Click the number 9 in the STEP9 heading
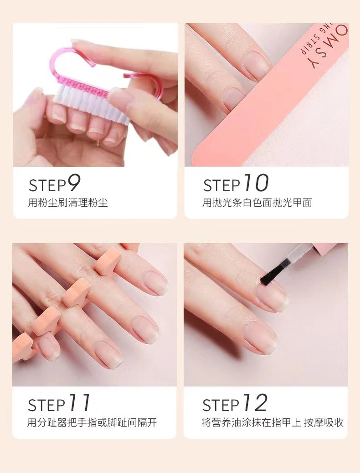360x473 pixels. (73, 183)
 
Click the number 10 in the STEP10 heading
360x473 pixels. (256, 183)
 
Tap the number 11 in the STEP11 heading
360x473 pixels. (79, 402)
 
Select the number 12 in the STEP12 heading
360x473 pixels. (255, 402)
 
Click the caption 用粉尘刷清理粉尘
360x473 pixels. (68, 203)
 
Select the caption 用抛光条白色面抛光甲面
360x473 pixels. (257, 203)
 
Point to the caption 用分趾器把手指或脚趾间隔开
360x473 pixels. (92, 422)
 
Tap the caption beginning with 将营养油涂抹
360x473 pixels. (273, 422)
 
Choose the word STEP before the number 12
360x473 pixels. (221, 405)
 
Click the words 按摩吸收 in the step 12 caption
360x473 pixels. (324, 422)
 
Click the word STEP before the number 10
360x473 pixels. (221, 186)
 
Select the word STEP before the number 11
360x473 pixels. (46, 405)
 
